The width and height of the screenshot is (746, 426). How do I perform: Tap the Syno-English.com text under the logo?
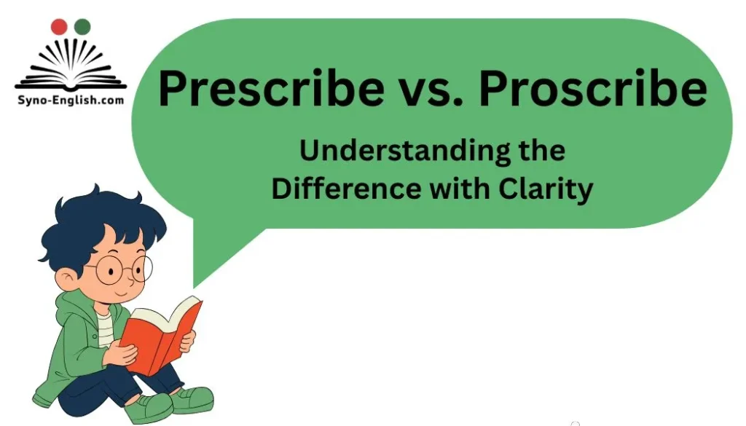click(70, 100)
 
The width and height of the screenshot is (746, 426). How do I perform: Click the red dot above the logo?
click(58, 28)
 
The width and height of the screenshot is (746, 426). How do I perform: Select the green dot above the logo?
click(82, 28)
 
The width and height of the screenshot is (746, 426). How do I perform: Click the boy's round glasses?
click(120, 271)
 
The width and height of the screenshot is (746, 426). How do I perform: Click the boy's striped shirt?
click(106, 328)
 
